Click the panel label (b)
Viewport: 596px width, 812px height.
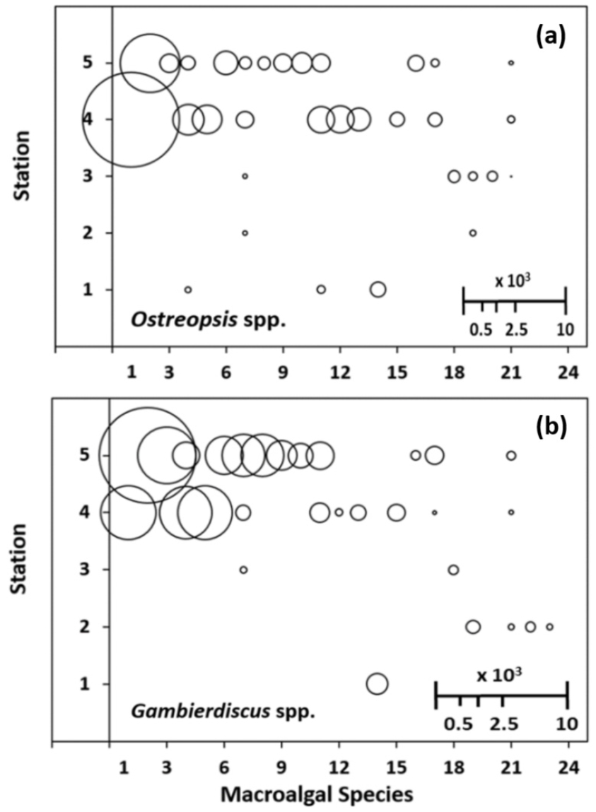550,428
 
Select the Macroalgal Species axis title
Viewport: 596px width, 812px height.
317,795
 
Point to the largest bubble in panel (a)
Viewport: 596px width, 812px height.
132,120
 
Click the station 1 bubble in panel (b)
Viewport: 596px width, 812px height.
378,683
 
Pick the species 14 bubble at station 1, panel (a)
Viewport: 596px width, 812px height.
378,290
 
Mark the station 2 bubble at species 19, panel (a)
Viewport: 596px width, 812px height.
473,233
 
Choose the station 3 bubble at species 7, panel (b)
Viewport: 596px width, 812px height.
243,570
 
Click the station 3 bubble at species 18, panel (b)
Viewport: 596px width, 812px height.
453,570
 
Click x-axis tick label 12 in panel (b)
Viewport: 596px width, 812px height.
339,767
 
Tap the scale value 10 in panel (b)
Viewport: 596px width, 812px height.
566,724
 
